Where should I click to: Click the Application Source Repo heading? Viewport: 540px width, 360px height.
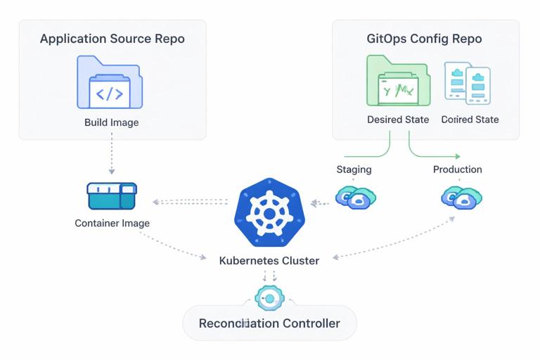(112, 39)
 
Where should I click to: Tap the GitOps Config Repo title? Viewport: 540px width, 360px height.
(425, 39)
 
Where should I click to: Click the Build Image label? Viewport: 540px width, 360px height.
(112, 122)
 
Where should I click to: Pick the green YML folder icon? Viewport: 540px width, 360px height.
(398, 82)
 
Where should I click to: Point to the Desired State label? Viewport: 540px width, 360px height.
(398, 120)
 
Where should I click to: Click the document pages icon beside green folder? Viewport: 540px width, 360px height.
(467, 82)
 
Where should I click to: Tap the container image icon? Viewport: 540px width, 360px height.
(112, 196)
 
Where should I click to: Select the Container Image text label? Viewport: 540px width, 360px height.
(112, 224)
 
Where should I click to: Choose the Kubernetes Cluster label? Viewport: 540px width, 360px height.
(269, 261)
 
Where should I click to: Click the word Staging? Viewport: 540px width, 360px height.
(354, 169)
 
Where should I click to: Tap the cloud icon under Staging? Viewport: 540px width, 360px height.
(354, 197)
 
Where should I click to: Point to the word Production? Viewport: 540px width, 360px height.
(457, 169)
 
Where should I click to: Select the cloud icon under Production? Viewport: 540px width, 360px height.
(461, 198)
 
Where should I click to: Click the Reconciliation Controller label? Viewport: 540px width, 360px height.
(269, 323)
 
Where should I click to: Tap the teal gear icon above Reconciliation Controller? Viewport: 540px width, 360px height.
(269, 299)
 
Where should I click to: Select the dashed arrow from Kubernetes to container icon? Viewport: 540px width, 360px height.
(191, 202)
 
